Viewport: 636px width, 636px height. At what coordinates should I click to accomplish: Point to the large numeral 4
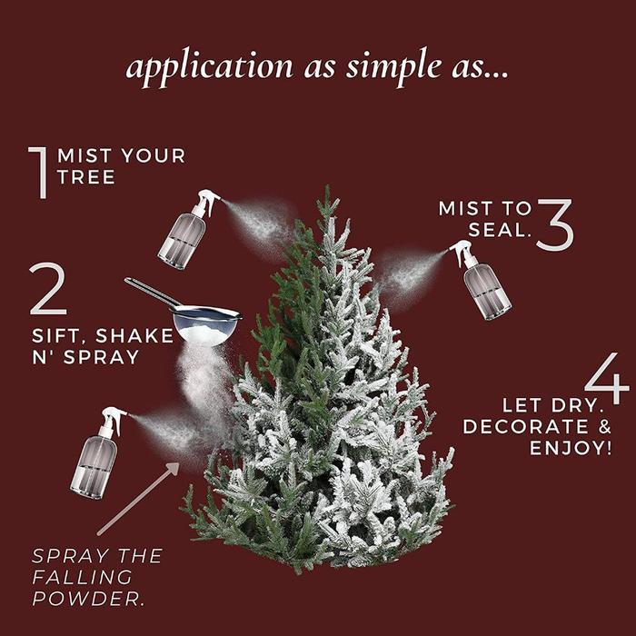tap(607, 381)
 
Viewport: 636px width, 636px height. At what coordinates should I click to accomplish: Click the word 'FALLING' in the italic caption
tap(82, 577)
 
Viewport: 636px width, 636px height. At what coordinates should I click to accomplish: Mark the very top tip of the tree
tap(323, 189)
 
